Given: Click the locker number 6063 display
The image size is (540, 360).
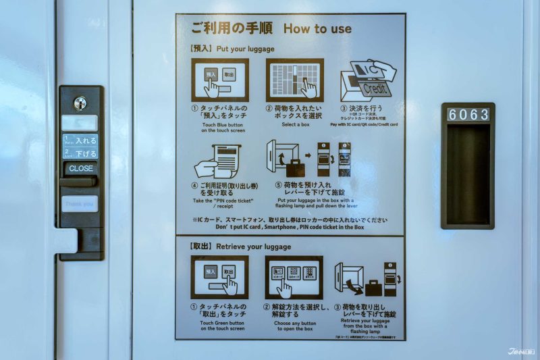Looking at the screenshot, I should tap(468, 115).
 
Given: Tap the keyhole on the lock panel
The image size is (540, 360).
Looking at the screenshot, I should tap(80, 103).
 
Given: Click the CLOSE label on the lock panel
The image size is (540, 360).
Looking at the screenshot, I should tap(81, 168).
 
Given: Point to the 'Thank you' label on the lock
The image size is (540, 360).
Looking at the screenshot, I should tap(80, 203).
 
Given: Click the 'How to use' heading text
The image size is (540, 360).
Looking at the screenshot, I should tap(317, 29).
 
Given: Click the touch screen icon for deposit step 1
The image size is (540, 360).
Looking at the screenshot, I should tap(219, 80).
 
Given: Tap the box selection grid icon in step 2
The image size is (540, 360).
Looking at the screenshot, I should tap(294, 80).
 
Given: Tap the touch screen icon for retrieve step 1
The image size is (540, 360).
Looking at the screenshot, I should tap(219, 277).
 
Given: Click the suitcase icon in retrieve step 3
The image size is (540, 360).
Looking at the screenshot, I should tap(372, 288).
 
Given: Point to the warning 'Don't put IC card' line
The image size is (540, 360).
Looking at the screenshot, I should tap(290, 228).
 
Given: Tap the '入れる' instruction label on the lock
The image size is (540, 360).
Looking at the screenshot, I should tap(85, 140).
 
